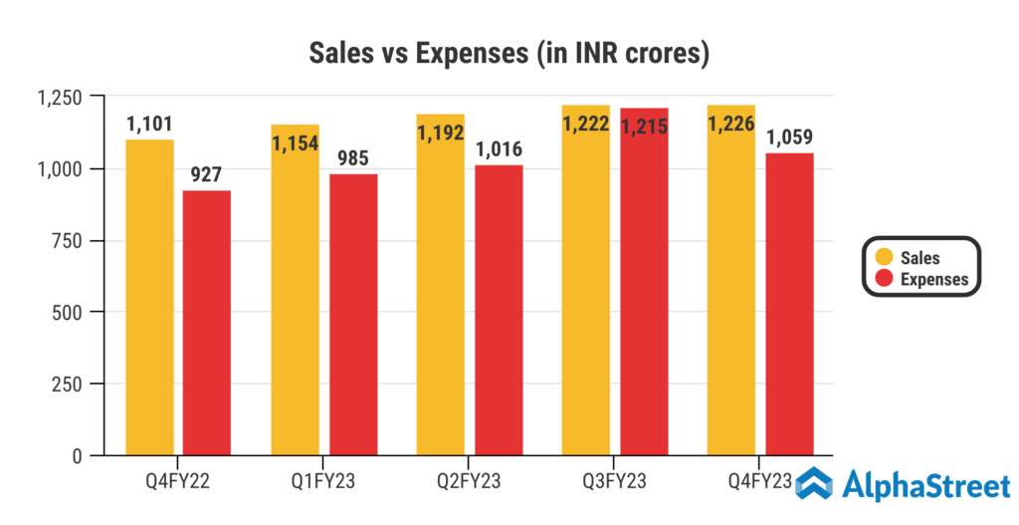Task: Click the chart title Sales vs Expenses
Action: [x=509, y=53]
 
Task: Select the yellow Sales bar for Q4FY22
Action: [x=149, y=299]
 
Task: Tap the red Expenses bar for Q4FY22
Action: [x=207, y=324]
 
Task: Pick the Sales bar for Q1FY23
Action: [x=295, y=299]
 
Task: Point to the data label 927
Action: [x=207, y=174]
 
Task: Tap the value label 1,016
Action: [x=499, y=150]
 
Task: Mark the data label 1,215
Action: [x=644, y=126]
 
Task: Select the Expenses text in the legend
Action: [x=933, y=279]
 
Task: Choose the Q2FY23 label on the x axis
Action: [x=470, y=482]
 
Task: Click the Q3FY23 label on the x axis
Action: [x=615, y=482]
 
